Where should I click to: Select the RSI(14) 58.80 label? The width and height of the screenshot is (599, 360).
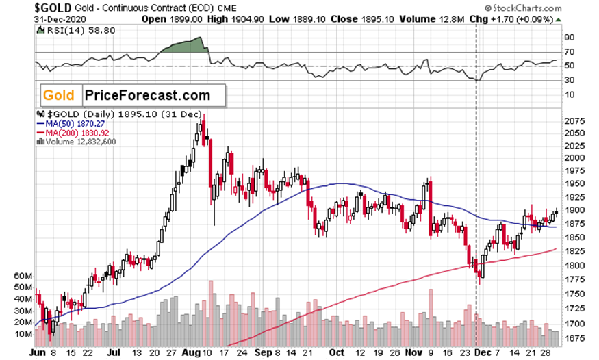(71, 30)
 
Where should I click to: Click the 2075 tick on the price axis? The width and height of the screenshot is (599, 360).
(572, 120)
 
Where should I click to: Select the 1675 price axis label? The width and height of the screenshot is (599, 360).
(572, 339)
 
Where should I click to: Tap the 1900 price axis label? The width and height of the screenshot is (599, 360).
(572, 211)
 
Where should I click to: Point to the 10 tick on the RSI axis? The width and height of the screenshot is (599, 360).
(568, 94)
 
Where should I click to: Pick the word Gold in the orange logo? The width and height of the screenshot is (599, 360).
(59, 96)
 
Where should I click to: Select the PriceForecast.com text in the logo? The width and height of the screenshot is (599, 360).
(146, 96)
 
